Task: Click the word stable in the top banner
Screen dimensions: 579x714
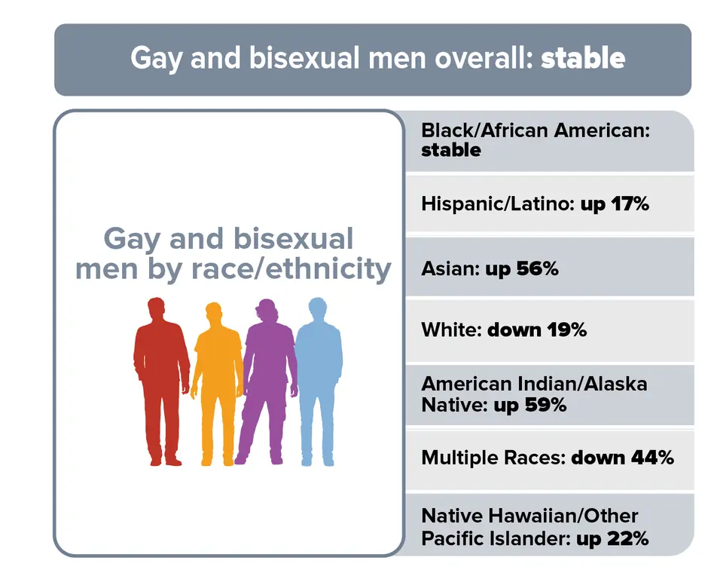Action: [x=582, y=58]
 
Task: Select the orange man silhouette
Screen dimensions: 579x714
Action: [x=215, y=377]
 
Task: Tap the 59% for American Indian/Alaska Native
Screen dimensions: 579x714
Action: [x=549, y=405]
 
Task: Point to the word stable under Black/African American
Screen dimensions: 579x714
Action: [x=451, y=149]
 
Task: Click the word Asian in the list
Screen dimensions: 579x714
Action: [x=447, y=268]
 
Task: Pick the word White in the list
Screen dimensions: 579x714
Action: [x=450, y=329]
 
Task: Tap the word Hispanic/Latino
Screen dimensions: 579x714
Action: [x=497, y=204]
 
